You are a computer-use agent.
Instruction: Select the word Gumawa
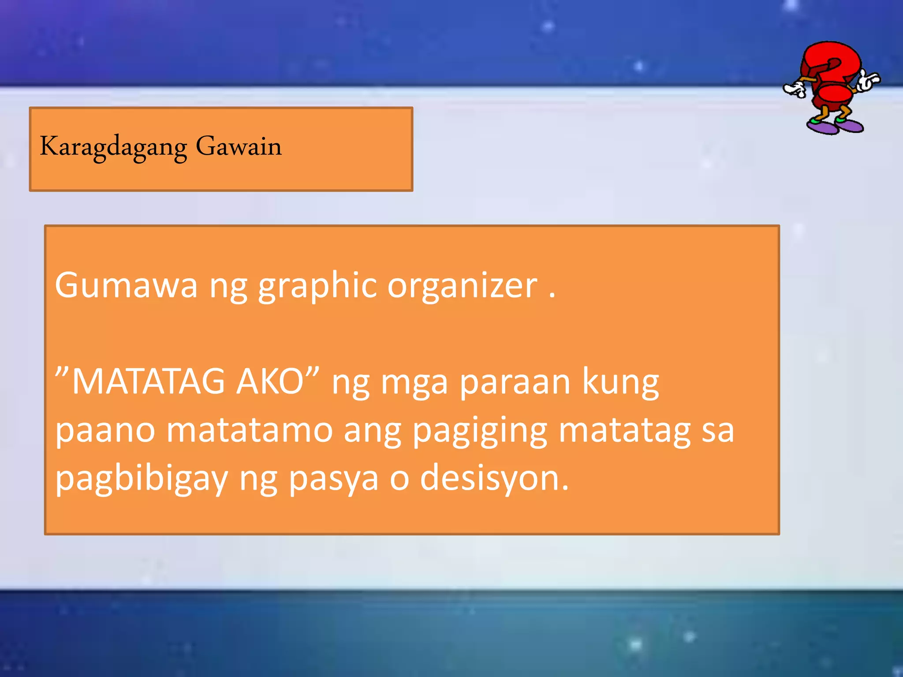point(126,285)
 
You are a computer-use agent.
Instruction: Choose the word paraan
point(515,382)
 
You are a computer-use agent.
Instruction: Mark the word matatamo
point(249,430)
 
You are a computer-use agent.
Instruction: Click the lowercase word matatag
point(624,431)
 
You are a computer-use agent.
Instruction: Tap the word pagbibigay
point(142,480)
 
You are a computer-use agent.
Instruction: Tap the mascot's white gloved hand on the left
point(795,89)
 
